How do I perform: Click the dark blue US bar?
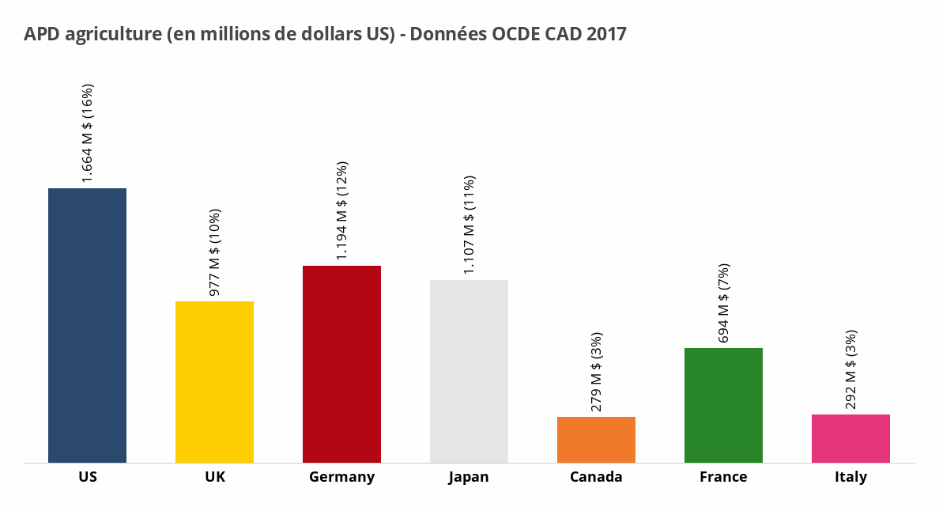87,325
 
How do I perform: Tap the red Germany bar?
341,364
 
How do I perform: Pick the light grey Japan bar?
469,371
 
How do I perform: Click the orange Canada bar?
596,439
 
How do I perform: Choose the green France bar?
723,405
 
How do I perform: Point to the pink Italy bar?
850,438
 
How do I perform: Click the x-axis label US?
88,477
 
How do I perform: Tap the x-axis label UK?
214,477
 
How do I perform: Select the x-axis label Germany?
341,477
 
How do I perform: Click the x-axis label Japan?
469,477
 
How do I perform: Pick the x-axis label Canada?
596,477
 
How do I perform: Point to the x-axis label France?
723,477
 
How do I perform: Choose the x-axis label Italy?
850,477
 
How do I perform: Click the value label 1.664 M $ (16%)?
88,133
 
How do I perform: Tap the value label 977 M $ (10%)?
214,252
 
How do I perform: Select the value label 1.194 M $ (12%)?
341,210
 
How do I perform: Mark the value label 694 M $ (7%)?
723,302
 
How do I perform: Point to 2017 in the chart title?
606,34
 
